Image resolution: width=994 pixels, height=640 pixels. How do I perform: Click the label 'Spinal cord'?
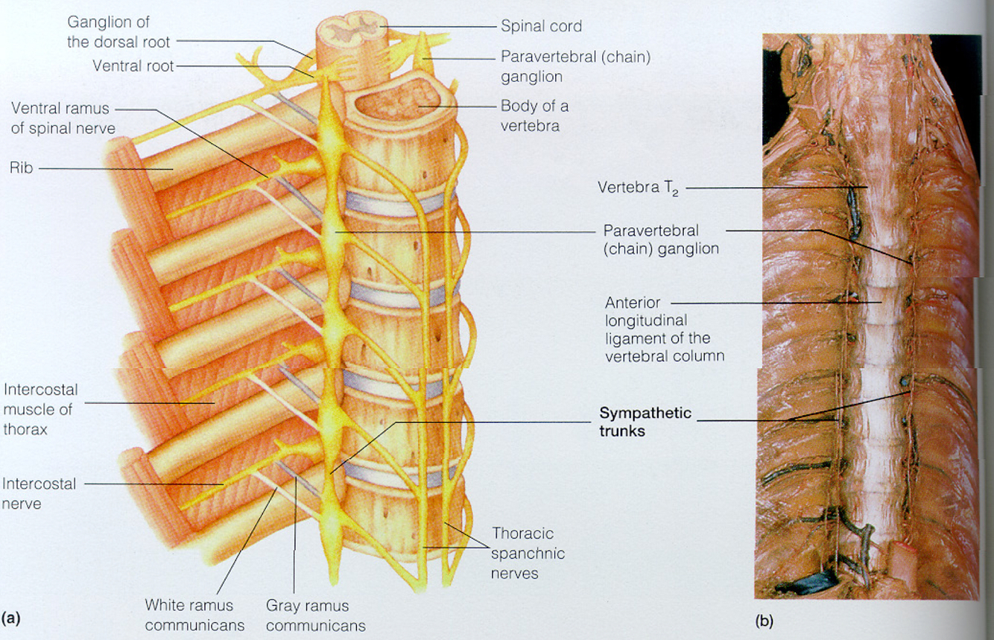(x=541, y=26)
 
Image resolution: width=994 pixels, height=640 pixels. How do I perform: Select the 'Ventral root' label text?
(x=133, y=66)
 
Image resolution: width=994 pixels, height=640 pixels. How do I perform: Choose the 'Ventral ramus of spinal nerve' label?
(x=63, y=118)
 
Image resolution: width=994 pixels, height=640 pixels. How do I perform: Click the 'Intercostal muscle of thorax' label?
(x=41, y=408)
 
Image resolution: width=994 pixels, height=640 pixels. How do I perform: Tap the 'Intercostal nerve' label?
(x=39, y=493)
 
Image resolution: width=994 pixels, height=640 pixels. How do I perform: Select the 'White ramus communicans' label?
(x=189, y=615)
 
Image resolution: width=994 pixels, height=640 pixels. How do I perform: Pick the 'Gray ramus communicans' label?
(x=307, y=615)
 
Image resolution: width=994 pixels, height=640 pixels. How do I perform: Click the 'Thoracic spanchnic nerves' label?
(x=528, y=554)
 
